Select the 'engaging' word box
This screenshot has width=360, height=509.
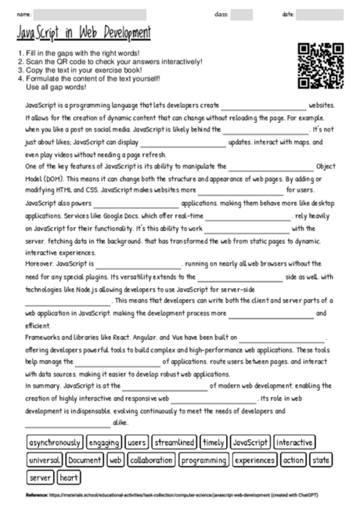[x=104, y=442]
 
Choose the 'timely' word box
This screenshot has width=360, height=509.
[x=212, y=442]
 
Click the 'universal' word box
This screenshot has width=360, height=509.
[x=45, y=460]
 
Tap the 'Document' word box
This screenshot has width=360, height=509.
[x=85, y=460]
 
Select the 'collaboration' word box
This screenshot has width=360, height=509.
[x=151, y=460]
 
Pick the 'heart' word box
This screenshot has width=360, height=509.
[x=68, y=477]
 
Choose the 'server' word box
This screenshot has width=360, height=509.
[x=41, y=477]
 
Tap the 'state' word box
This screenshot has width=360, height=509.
[x=321, y=460]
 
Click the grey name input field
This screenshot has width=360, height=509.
[x=90, y=14]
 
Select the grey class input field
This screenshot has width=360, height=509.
[x=242, y=14]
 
